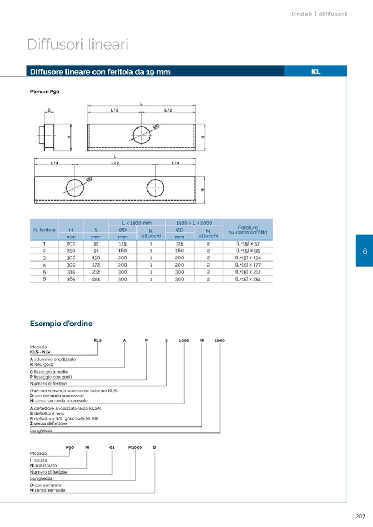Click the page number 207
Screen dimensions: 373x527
[x=360, y=516]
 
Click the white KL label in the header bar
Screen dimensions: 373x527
[x=315, y=71]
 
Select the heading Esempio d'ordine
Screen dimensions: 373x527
[x=61, y=323]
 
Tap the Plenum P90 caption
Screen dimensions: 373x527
[x=45, y=91]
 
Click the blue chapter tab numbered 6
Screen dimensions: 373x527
[x=365, y=251]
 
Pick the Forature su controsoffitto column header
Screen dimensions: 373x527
[x=248, y=230]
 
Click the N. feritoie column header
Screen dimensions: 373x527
[x=44, y=230]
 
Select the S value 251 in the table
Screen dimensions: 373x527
[x=96, y=279]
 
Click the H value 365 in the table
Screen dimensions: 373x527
[x=71, y=279]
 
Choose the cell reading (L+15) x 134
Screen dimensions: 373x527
[x=248, y=258]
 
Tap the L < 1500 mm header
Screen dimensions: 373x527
[x=136, y=223]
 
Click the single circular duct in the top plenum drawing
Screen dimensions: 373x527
[x=141, y=135]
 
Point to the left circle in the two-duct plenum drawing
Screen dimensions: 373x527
[x=75, y=187]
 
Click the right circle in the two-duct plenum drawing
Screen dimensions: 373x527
[x=155, y=187]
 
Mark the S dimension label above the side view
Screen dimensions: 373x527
[x=49, y=110]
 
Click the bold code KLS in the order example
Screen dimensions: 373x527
[x=97, y=340]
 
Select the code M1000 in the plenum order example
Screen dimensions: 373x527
[x=135, y=447]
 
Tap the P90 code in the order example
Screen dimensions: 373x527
[x=70, y=447]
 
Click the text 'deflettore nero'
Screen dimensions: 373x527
[x=49, y=413]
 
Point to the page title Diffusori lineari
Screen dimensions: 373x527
[x=78, y=45]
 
